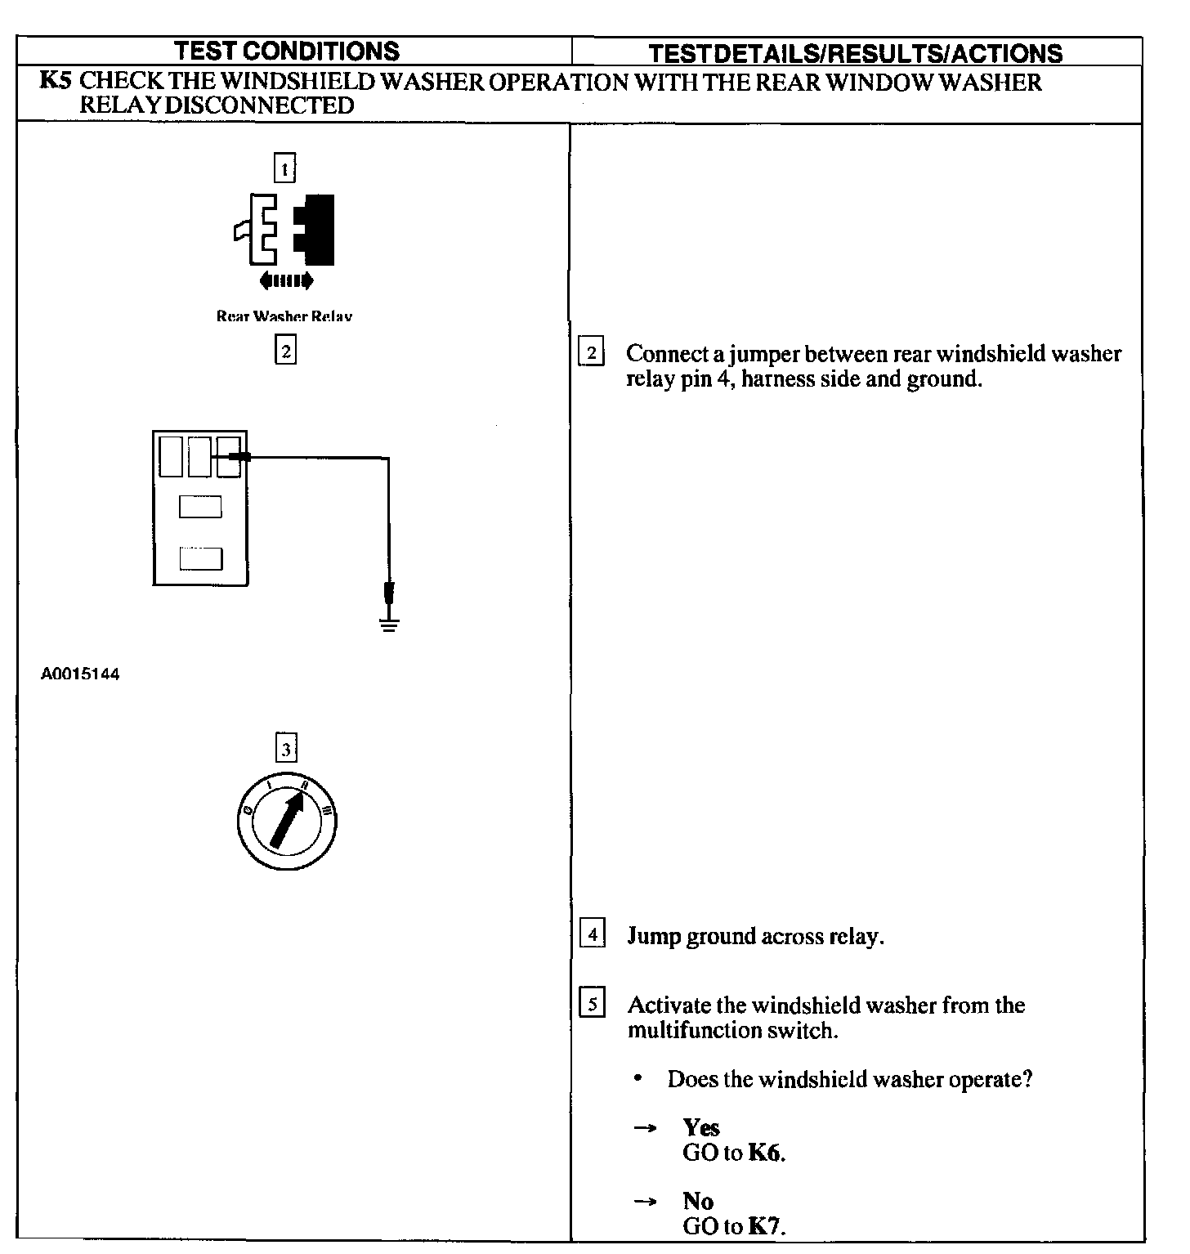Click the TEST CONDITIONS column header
tap(288, 52)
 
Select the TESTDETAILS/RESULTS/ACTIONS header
tap(855, 54)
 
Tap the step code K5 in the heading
tap(56, 82)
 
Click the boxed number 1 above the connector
tap(284, 168)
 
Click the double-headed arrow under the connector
tap(285, 282)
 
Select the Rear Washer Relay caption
tap(284, 316)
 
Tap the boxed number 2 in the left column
tap(285, 352)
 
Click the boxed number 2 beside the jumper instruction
tap(591, 353)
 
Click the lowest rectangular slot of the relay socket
tap(200, 558)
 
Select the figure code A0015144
tap(79, 675)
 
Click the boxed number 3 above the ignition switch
tap(285, 748)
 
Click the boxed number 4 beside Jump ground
tap(592, 934)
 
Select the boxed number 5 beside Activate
tap(592, 1003)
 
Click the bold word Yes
tap(701, 1128)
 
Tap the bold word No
tap(698, 1201)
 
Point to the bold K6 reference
tap(765, 1153)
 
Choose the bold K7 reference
tap(766, 1226)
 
